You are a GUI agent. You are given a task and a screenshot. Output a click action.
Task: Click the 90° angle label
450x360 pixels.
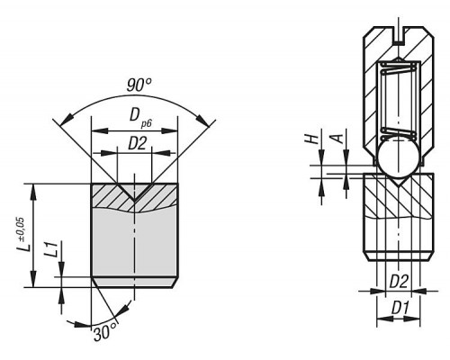pos(139,85)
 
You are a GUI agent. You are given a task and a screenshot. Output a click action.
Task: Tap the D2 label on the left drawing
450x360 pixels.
pos(137,143)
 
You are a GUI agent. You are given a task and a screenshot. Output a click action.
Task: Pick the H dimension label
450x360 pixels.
pos(312,139)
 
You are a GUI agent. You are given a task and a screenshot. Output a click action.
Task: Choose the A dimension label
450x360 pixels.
pos(337,139)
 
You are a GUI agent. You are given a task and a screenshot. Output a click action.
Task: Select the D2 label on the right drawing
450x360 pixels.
pos(399,282)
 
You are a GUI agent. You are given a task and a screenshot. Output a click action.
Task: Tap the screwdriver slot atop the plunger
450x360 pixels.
pos(398,35)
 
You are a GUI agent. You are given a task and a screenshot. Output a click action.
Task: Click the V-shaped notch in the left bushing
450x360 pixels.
pos(134,192)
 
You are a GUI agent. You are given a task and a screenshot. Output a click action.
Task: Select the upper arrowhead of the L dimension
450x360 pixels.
pos(33,191)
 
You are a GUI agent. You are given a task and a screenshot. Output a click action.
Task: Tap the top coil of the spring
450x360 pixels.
pos(399,65)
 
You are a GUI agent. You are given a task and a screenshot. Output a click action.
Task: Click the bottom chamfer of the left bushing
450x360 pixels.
pos(134,283)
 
